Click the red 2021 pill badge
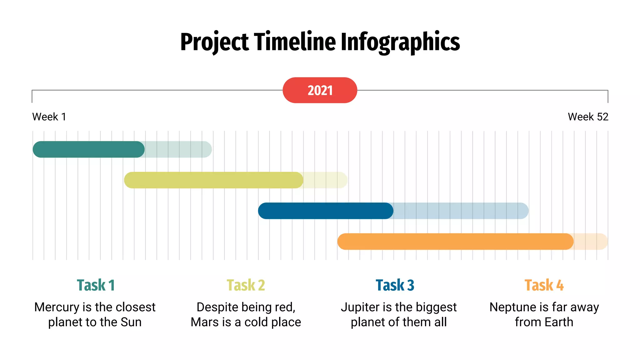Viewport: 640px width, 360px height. click(x=320, y=90)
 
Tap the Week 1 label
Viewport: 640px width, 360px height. click(x=49, y=117)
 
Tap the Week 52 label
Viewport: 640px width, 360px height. click(x=588, y=117)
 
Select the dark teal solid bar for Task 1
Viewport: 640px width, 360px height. click(x=88, y=149)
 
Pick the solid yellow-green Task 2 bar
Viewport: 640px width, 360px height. click(x=213, y=180)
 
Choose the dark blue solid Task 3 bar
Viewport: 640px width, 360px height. click(x=325, y=211)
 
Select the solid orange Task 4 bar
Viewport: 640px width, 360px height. click(x=455, y=242)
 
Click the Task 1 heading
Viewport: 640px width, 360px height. click(x=96, y=285)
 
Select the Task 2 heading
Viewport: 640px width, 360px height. click(x=246, y=285)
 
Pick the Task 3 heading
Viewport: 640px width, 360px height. click(x=395, y=285)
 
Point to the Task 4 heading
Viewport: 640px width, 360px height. click(x=544, y=285)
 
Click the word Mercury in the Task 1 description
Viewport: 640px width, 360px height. click(x=57, y=307)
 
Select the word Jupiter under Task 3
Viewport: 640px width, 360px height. click(x=359, y=307)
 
